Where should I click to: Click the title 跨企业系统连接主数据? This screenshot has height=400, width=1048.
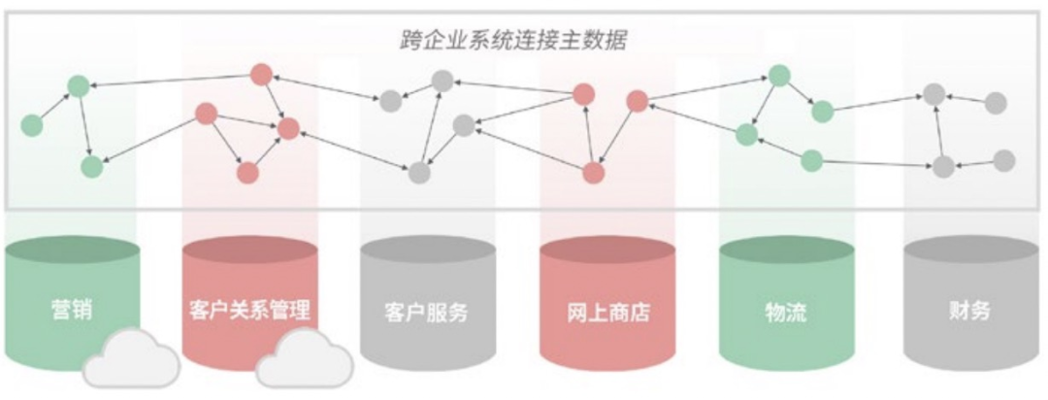(514, 41)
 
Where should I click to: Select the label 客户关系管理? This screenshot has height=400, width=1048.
(249, 312)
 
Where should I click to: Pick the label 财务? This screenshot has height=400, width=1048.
(968, 312)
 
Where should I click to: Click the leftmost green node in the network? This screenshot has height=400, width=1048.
(32, 125)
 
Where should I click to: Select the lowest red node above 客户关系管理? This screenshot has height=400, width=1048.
(247, 173)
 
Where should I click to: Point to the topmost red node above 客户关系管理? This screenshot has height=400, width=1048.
(260, 74)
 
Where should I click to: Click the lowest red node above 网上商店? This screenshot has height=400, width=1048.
(594, 173)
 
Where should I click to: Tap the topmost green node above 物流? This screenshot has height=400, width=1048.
(780, 75)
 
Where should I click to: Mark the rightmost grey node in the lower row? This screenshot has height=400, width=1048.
(1003, 160)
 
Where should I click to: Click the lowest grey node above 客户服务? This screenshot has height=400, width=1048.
(419, 173)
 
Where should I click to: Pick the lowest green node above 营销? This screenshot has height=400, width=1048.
(91, 167)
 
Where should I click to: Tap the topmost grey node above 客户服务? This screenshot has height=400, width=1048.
(442, 82)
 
